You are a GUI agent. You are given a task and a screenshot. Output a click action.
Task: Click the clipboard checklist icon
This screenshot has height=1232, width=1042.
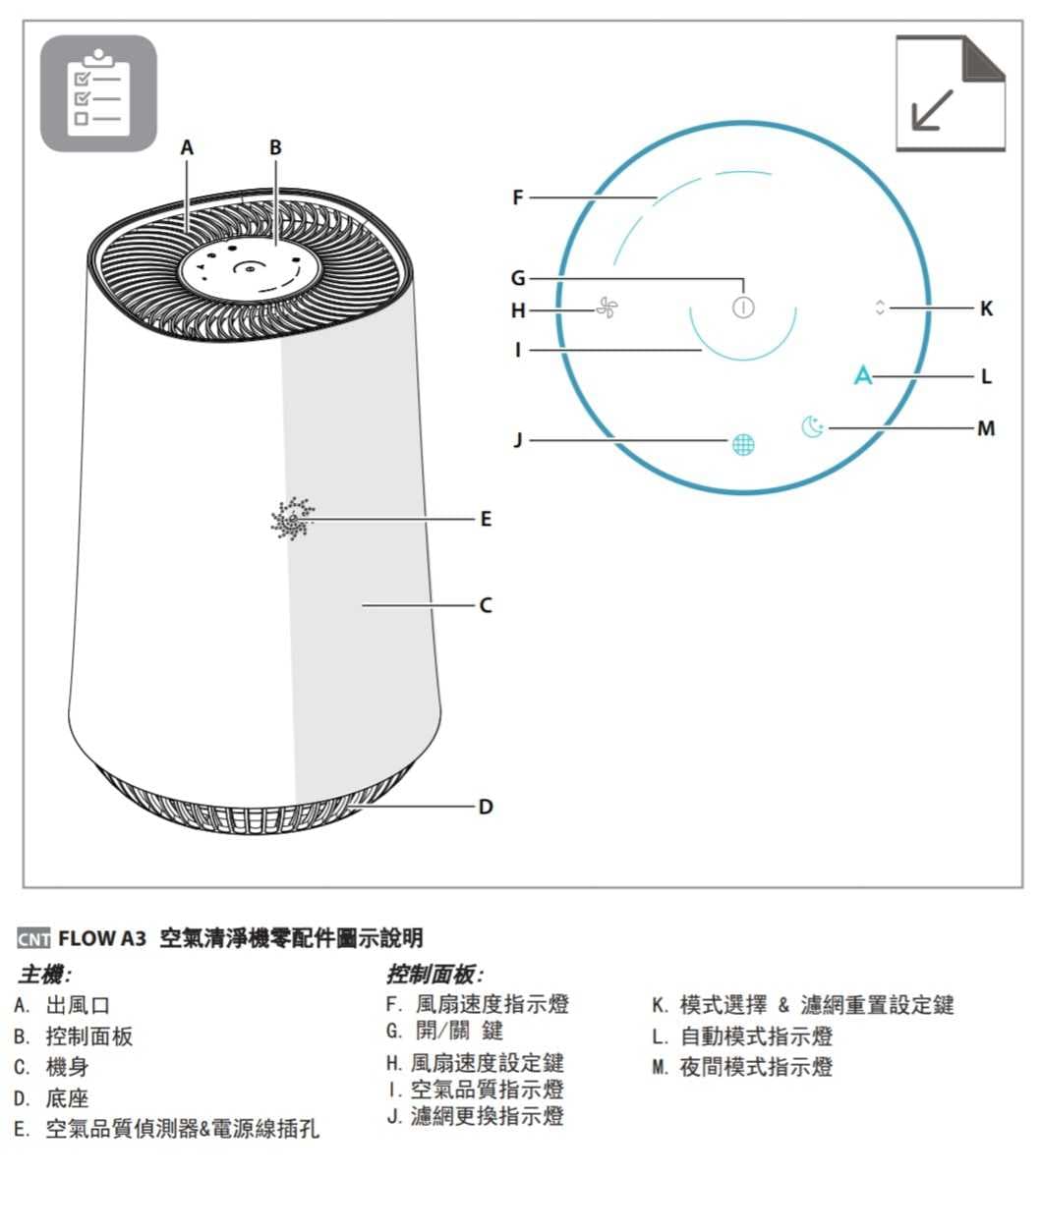98,93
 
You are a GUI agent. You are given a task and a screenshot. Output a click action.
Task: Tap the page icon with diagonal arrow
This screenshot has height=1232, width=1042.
951,93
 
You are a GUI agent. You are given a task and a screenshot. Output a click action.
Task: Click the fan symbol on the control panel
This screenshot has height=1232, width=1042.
607,308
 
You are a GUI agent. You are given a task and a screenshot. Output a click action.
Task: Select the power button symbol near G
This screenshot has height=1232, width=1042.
743,307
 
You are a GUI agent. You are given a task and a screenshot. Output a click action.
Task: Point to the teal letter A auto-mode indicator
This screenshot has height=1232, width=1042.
862,375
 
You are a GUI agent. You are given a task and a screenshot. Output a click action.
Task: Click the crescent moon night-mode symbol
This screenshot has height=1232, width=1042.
812,426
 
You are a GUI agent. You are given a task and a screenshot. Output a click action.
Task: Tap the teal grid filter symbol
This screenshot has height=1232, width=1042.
743,444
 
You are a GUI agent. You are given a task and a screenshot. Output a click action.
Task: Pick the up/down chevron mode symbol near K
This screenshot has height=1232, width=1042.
879,308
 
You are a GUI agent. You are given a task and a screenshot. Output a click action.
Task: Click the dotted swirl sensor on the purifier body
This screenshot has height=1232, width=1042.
292,519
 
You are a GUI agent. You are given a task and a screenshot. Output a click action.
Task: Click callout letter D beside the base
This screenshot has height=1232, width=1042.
486,807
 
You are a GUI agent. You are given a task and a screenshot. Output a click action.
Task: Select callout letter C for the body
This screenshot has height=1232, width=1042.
486,605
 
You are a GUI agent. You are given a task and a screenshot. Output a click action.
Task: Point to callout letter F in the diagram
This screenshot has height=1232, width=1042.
518,197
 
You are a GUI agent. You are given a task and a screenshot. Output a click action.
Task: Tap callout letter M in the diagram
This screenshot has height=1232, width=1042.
986,428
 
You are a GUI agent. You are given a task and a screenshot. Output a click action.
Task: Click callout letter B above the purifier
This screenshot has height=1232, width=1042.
275,147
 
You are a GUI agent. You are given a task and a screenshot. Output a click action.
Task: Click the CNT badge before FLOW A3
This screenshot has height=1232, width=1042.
33,939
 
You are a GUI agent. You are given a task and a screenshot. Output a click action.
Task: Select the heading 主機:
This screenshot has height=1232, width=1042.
45,976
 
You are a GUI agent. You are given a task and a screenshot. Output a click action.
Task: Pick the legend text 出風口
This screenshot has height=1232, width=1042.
78,1005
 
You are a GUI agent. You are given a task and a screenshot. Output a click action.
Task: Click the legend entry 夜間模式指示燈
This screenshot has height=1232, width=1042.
756,1067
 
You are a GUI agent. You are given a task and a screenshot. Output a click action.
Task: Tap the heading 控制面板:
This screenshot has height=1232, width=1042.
434,976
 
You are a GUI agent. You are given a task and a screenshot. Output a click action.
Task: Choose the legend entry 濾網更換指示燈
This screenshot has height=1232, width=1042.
487,1116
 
